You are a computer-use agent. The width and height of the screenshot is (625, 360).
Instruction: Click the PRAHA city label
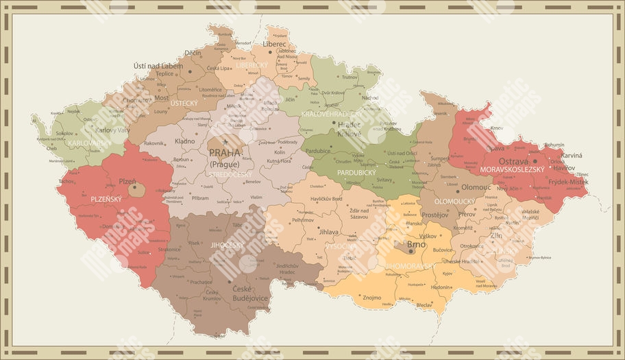[x=225, y=153]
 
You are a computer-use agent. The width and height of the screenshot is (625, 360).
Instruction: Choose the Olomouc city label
[x=476, y=187]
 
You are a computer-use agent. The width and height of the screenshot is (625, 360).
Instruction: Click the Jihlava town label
[x=329, y=232]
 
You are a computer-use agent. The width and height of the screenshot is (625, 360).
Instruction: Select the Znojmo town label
[x=371, y=298]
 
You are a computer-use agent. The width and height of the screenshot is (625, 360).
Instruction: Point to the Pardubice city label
[x=317, y=151]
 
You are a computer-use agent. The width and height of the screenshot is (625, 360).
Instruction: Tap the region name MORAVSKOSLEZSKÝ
[x=513, y=169]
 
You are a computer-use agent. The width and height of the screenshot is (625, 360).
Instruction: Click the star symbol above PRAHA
[x=224, y=142]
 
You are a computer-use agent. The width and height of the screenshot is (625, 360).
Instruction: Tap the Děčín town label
[x=193, y=53]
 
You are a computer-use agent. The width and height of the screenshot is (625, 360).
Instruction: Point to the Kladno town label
[x=185, y=141]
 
